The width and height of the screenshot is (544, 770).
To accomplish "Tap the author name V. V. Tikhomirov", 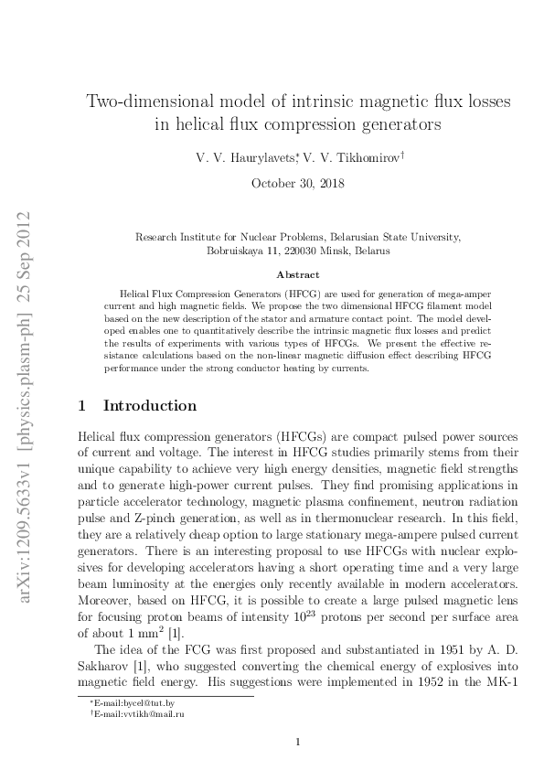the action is click(x=353, y=158).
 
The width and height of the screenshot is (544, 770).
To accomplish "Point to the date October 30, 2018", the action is click(x=298, y=183).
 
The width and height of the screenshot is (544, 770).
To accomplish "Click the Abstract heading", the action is click(x=298, y=274).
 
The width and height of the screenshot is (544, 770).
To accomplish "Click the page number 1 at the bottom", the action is click(x=298, y=742).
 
